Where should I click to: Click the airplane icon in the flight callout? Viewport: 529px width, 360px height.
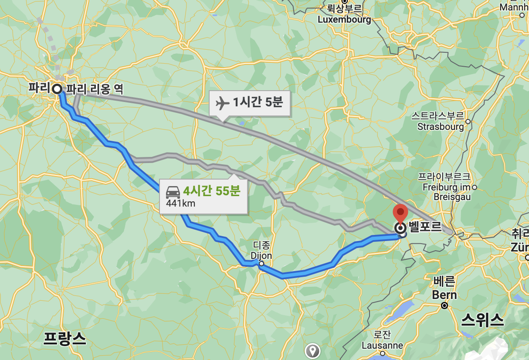click(x=223, y=103)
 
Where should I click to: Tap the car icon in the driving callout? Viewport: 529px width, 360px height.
click(x=173, y=192)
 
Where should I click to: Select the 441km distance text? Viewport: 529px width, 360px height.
click(x=180, y=203)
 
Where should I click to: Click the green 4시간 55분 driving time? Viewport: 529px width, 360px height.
click(x=212, y=191)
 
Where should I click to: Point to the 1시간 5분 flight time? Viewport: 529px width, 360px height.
click(x=258, y=103)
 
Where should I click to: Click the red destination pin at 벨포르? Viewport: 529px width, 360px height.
click(x=400, y=214)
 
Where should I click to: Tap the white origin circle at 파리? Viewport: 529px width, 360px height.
click(x=57, y=89)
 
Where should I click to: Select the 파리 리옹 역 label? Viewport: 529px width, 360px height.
click(x=95, y=89)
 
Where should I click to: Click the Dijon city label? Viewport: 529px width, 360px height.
click(x=261, y=255)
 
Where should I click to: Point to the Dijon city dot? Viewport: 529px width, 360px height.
click(x=261, y=264)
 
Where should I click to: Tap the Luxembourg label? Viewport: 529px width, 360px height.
click(x=344, y=20)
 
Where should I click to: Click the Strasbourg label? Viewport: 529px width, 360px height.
click(x=441, y=127)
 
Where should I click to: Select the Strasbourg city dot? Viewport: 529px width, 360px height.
click(x=468, y=122)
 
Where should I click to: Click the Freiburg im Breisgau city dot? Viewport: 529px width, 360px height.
click(x=475, y=187)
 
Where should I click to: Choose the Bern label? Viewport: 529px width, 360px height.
click(x=444, y=295)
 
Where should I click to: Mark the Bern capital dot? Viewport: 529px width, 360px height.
click(x=444, y=306)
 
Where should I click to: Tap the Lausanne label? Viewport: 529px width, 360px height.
click(x=382, y=345)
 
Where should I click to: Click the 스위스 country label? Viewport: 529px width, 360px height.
click(x=482, y=321)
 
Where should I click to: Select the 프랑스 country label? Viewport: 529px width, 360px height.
click(x=64, y=338)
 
